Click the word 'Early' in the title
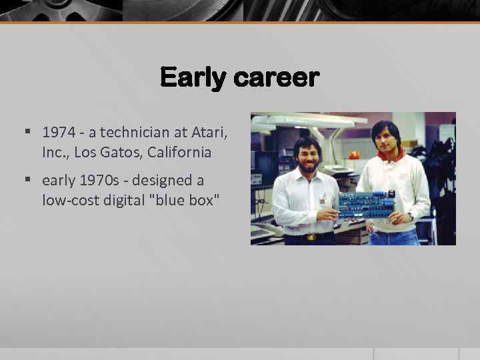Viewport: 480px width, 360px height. (193, 79)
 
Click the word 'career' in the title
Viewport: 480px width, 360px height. (276, 79)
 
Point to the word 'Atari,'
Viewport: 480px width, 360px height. (207, 133)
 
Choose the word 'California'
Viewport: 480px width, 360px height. (179, 152)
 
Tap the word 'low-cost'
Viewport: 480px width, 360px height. (67, 200)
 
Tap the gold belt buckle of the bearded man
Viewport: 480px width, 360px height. (310, 236)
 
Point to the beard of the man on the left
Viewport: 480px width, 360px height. (309, 165)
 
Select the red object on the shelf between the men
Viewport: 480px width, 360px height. (354, 155)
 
